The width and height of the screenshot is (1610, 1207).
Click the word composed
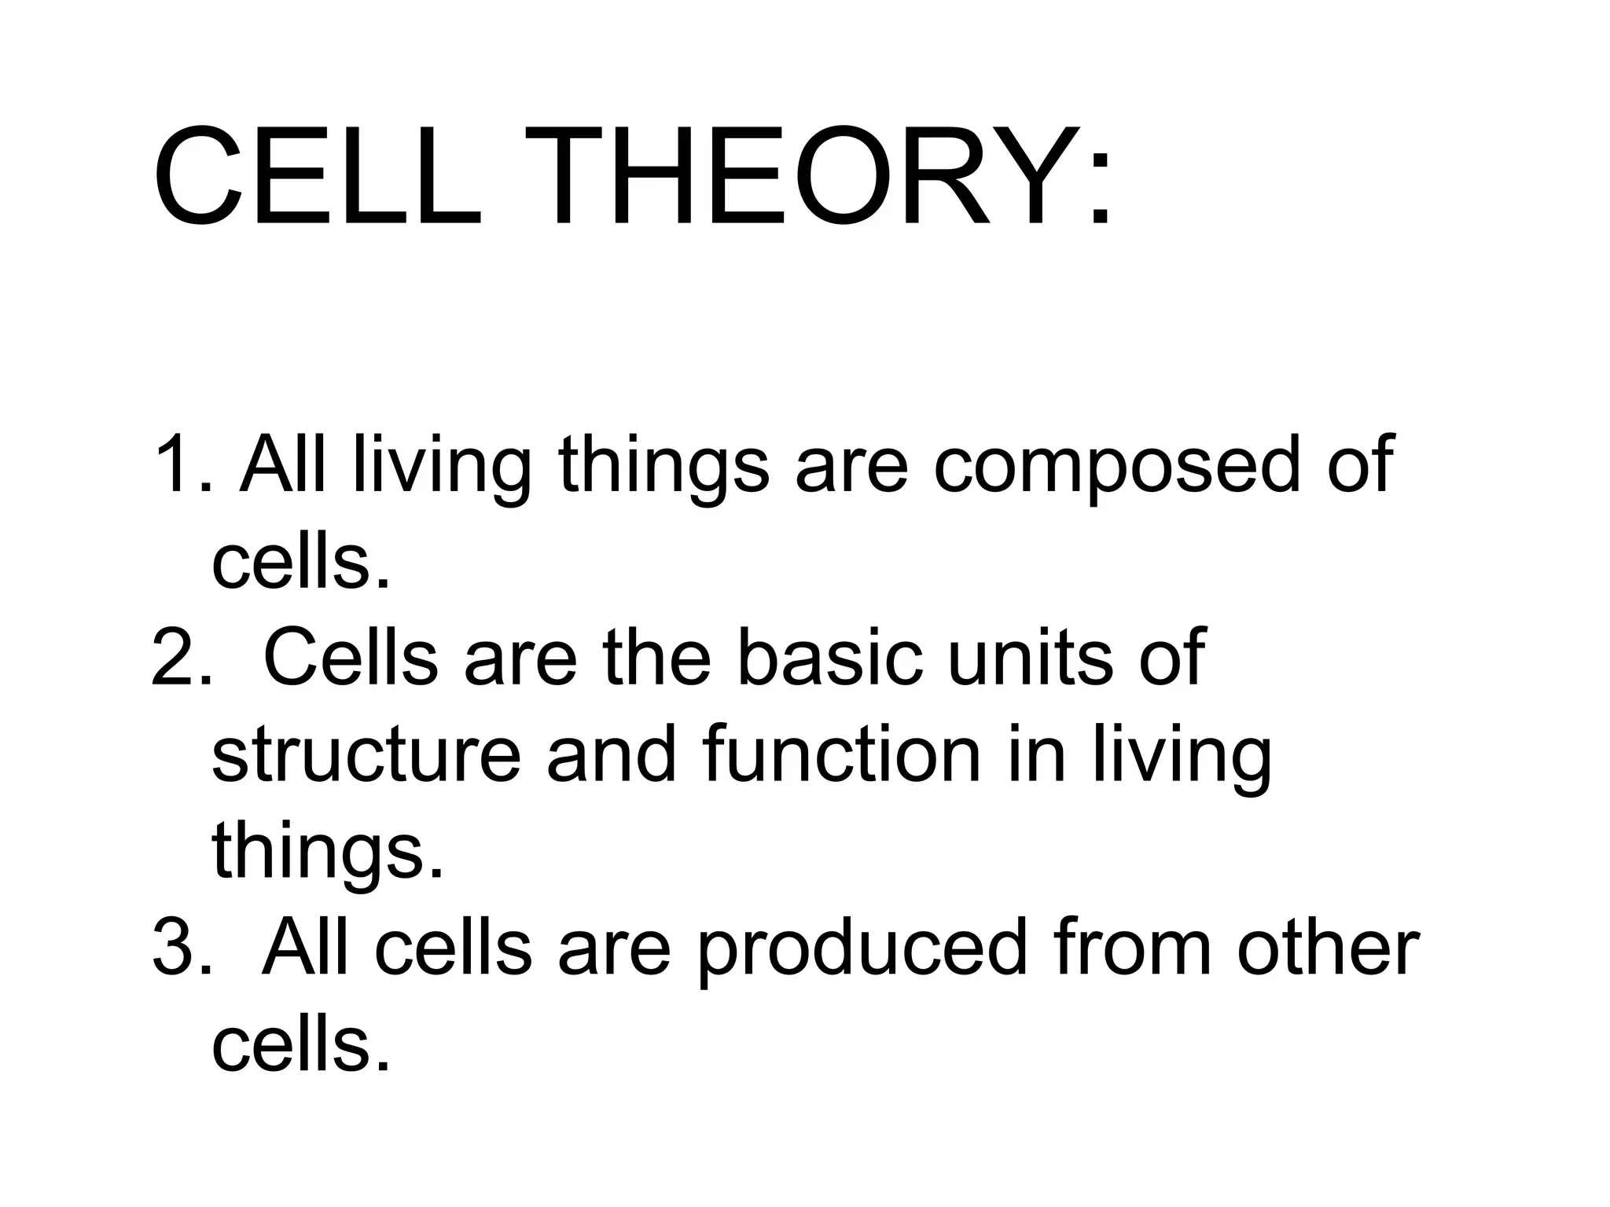click(x=1117, y=468)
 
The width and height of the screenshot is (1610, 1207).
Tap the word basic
click(x=830, y=656)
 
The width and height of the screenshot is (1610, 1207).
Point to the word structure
click(x=366, y=754)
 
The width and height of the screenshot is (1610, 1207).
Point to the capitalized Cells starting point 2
click(x=350, y=656)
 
